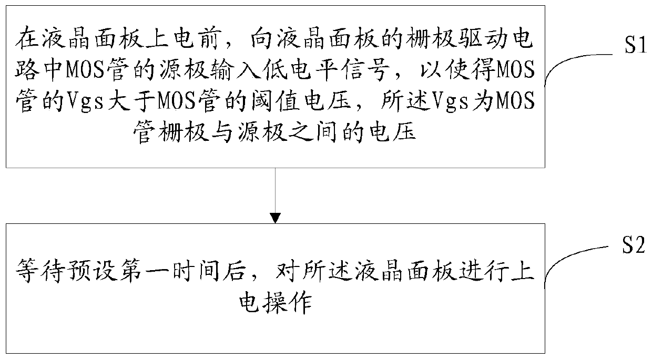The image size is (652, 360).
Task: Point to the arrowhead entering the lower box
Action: click(275, 217)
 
